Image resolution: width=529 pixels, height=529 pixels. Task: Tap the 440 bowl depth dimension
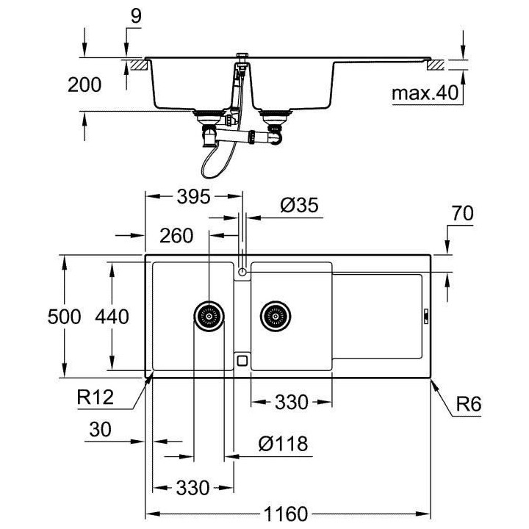(x=112, y=317)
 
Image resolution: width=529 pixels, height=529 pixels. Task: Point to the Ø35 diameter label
(x=299, y=206)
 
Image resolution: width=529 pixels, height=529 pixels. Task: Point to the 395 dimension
(x=193, y=196)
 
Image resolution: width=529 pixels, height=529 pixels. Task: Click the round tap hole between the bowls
(x=242, y=273)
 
